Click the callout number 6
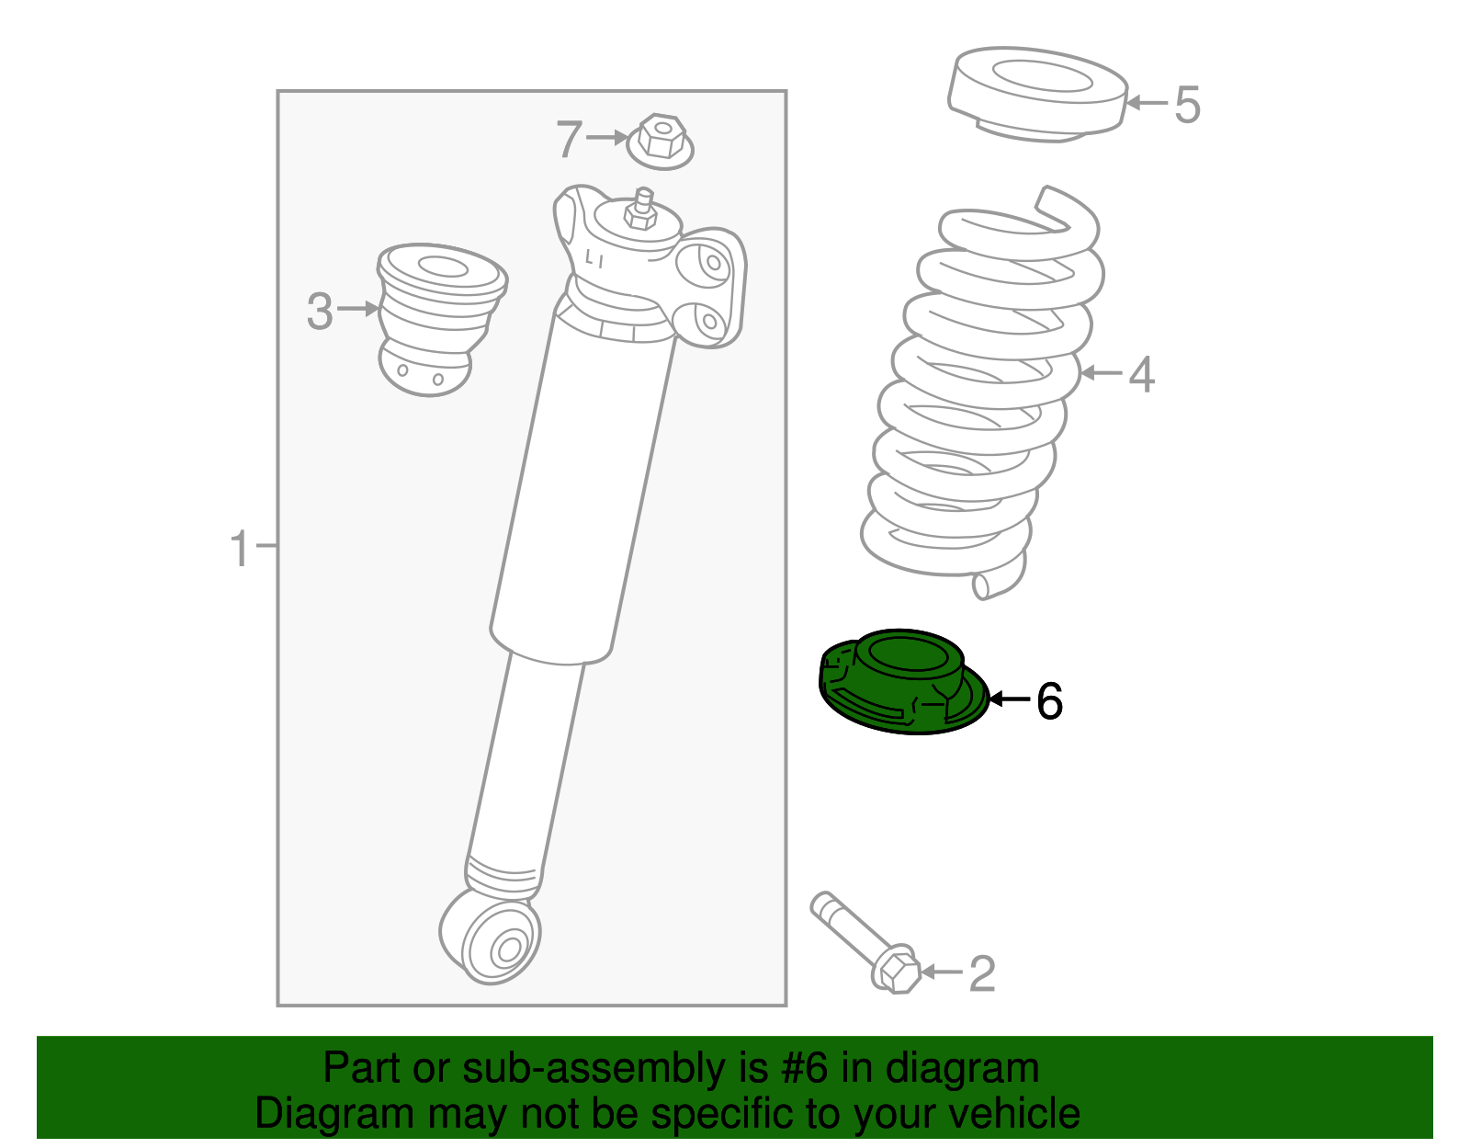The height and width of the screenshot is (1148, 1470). [1049, 701]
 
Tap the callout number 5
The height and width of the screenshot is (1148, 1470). [1187, 105]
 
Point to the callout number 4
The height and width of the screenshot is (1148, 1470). [1141, 375]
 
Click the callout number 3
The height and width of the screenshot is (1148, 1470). [320, 311]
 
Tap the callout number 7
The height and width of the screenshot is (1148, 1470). [570, 140]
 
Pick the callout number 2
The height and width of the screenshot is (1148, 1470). [982, 973]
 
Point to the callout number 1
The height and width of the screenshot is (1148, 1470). [239, 549]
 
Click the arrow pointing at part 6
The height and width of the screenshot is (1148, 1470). [1009, 699]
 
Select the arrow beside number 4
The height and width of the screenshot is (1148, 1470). [1102, 373]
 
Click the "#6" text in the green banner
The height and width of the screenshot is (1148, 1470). [805, 1068]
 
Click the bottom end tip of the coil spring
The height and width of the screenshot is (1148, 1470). [983, 586]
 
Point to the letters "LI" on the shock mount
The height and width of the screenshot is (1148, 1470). [594, 260]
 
